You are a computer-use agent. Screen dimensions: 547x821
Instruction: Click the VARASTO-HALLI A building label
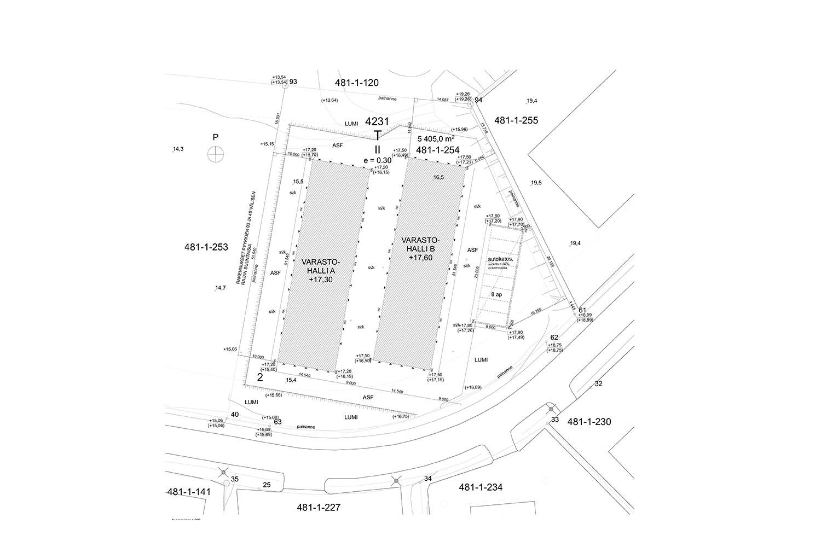321,270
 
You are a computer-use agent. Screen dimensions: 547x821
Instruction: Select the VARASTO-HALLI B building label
420,249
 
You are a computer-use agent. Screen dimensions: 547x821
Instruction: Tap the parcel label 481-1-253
206,247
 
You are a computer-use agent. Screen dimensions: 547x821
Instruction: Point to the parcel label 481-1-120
356,83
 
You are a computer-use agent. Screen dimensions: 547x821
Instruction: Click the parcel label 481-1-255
516,120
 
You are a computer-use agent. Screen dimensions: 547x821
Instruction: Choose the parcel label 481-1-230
589,422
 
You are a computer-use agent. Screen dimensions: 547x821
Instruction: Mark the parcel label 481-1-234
481,487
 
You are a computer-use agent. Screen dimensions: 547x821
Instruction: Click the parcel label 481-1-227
319,507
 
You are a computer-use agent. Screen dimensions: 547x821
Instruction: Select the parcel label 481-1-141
188,491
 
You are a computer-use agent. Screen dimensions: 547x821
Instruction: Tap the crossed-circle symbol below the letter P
216,154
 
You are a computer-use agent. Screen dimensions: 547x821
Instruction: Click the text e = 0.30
377,160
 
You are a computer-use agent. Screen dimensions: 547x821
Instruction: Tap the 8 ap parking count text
496,294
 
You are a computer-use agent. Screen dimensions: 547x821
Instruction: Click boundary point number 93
293,82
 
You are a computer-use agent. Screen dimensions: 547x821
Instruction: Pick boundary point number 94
478,100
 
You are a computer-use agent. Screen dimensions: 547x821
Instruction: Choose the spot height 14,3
178,149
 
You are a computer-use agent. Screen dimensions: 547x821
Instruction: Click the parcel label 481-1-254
437,149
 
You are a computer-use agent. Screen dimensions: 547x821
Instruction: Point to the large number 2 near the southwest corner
260,377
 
